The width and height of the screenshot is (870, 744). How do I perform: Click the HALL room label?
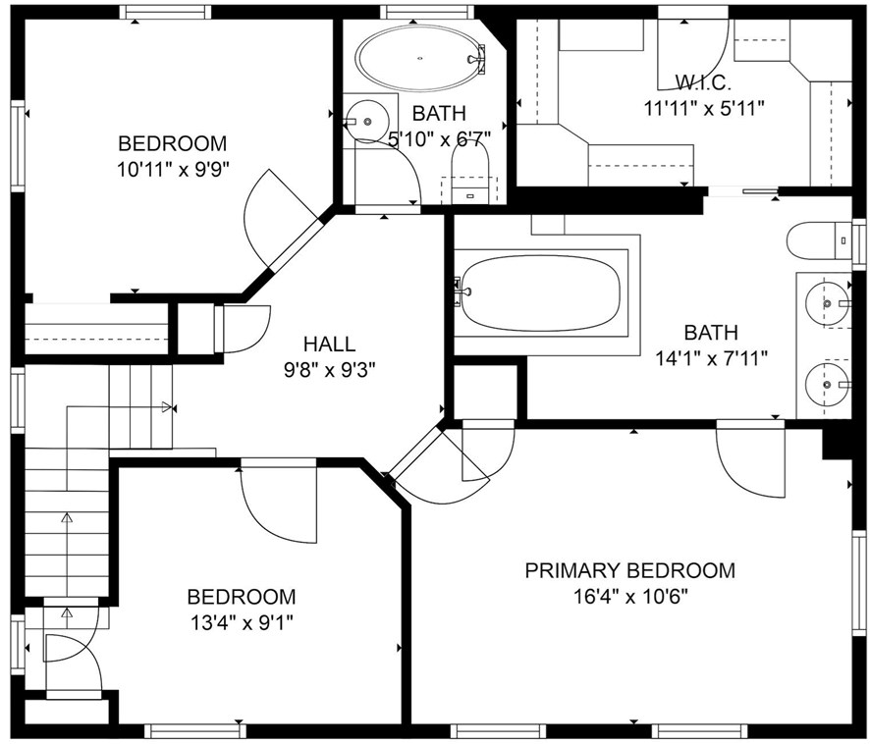(329, 344)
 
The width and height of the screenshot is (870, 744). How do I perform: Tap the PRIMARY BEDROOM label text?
(630, 570)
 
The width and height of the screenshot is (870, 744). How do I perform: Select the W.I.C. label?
(703, 82)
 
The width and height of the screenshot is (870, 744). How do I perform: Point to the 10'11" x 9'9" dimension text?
(173, 169)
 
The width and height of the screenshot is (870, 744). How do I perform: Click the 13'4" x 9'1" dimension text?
(242, 623)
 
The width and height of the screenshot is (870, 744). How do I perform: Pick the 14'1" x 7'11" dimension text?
(711, 358)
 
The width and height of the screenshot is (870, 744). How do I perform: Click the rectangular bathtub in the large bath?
(541, 292)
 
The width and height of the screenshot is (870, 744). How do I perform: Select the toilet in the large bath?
(818, 240)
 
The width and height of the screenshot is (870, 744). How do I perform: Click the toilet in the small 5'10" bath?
(470, 173)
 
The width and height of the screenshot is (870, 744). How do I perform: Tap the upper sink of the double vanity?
(827, 303)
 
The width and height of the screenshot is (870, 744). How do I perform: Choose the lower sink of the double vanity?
(827, 384)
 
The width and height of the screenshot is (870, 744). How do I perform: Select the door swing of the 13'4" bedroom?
(279, 503)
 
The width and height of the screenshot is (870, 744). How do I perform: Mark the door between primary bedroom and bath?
(750, 461)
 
